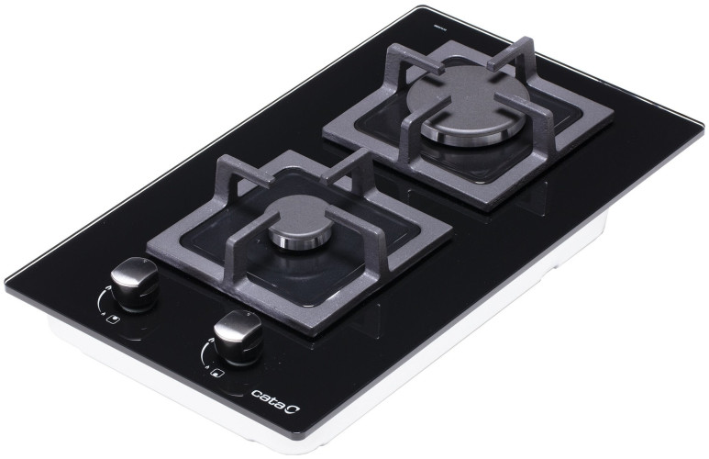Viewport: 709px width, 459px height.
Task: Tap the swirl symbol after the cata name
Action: (294, 408)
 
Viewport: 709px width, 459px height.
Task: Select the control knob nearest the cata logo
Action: (238, 337)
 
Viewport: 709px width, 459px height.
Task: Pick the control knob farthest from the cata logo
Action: (134, 284)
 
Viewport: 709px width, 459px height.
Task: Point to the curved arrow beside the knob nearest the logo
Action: (205, 351)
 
